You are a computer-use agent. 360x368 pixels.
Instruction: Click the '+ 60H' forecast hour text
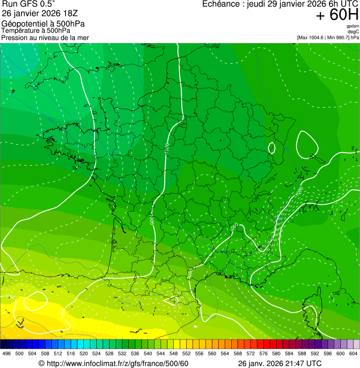tap(337, 15)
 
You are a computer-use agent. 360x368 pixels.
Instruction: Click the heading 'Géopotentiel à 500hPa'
tap(43, 24)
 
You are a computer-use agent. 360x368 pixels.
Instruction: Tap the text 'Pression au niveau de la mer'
tap(45, 37)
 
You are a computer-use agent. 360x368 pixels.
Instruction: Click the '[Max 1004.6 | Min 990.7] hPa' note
tap(328, 37)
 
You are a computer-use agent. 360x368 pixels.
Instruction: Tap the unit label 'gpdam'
tap(353, 26)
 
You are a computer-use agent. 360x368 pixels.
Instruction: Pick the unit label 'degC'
tap(353, 32)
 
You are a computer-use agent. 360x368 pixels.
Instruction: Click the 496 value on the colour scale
tap(7, 353)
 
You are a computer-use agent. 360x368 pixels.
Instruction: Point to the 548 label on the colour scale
tap(173, 353)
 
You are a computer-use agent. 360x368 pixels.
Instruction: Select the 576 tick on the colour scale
tap(264, 353)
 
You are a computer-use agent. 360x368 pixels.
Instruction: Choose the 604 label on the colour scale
tap(353, 353)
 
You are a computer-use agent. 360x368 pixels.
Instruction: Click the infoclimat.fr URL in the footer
tap(117, 363)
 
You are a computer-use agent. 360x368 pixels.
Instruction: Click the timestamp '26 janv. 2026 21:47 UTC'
tap(279, 363)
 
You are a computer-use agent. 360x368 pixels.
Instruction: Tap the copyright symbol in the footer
tap(41, 363)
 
